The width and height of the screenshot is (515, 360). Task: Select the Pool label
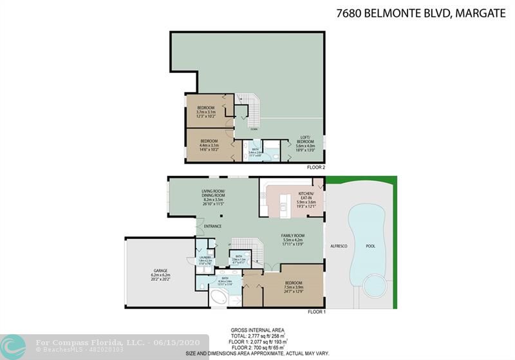coord(370,246)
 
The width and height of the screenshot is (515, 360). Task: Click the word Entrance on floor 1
coord(212,226)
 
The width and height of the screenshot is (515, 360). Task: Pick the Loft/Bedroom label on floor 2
coord(306,141)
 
